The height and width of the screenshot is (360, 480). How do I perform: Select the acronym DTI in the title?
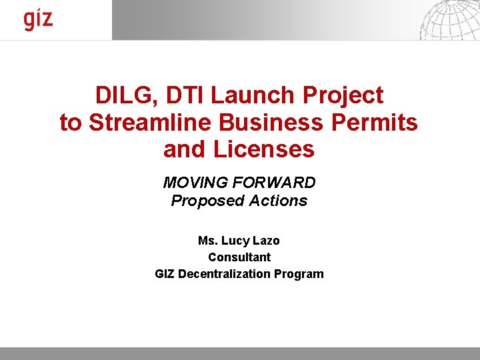pos(183,95)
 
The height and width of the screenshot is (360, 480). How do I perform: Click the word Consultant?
pos(239,257)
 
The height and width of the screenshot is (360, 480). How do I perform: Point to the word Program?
pos(302,273)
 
